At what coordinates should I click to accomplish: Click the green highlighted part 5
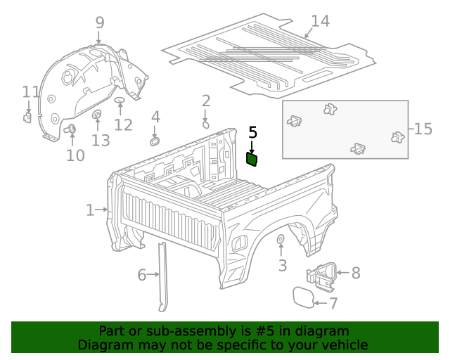[252, 160]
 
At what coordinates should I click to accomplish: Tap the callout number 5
[253, 132]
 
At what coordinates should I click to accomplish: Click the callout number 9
[99, 22]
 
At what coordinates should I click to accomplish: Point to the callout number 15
[423, 129]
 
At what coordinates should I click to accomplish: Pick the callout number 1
[90, 210]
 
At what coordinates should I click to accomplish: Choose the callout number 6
[142, 275]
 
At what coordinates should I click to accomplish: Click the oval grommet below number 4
[155, 141]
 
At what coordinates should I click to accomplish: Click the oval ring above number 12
[120, 102]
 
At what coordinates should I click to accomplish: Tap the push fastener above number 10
[70, 129]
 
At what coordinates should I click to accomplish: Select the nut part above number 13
[97, 115]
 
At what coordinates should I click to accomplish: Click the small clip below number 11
[27, 117]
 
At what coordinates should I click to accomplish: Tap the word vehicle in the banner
[343, 345]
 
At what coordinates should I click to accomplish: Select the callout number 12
[123, 125]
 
